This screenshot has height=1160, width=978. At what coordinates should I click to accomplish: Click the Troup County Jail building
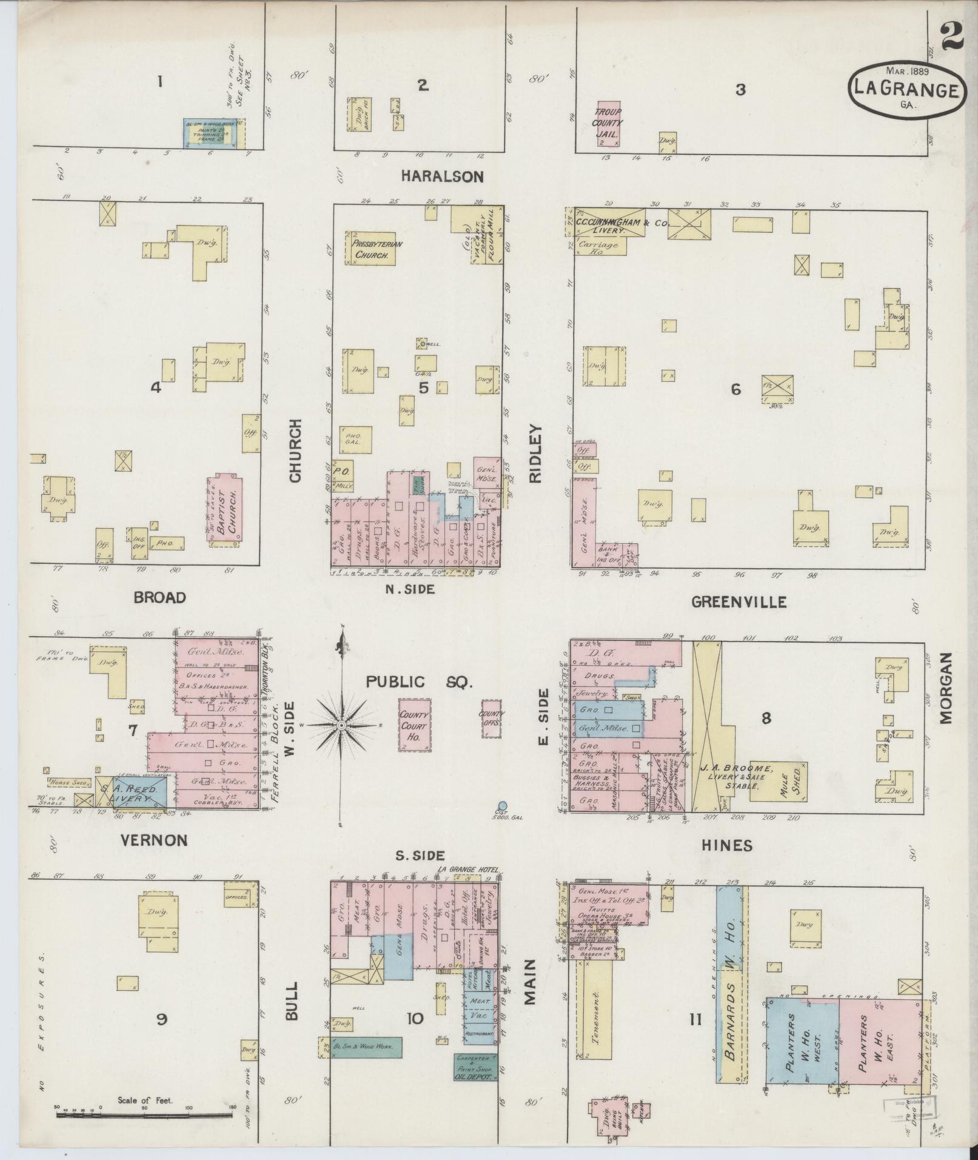(608, 124)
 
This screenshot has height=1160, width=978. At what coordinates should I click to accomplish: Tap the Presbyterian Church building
(370, 248)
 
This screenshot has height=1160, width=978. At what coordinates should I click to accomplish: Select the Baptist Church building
(227, 511)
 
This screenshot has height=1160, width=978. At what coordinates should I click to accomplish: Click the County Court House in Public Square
(414, 725)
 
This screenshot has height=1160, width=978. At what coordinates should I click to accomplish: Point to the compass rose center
(341, 725)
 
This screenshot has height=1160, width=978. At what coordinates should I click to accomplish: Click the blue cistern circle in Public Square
(502, 806)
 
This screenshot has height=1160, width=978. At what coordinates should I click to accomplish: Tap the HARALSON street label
(442, 176)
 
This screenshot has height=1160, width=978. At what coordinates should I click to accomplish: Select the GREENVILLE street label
(739, 602)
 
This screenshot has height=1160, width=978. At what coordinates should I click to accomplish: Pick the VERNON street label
(153, 840)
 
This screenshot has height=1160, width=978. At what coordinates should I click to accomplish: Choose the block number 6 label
(735, 389)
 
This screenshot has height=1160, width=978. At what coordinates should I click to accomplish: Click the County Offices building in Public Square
(491, 718)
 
